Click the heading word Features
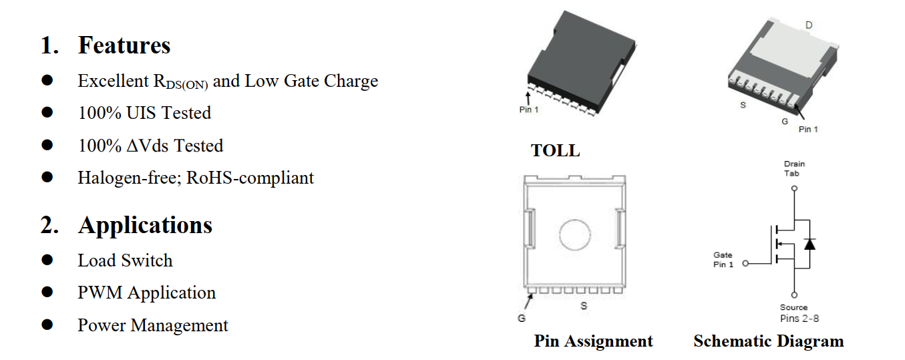pos(124,45)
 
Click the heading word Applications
pos(145,225)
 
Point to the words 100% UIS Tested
pos(144,113)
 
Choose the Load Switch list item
pos(125,260)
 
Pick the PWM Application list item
pos(146,293)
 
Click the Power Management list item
pos(153,325)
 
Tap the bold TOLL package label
pos(555,151)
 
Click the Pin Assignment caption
pos(593,341)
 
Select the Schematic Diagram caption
pos(768,341)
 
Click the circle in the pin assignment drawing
pos(575,236)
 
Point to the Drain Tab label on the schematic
pos(793,168)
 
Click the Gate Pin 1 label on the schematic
pos(723,260)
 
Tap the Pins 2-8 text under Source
pos(799,319)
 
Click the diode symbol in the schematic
pos(809,244)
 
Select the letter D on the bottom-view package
pos(809,25)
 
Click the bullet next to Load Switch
pos(47,260)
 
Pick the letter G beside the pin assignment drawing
pos(522,319)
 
